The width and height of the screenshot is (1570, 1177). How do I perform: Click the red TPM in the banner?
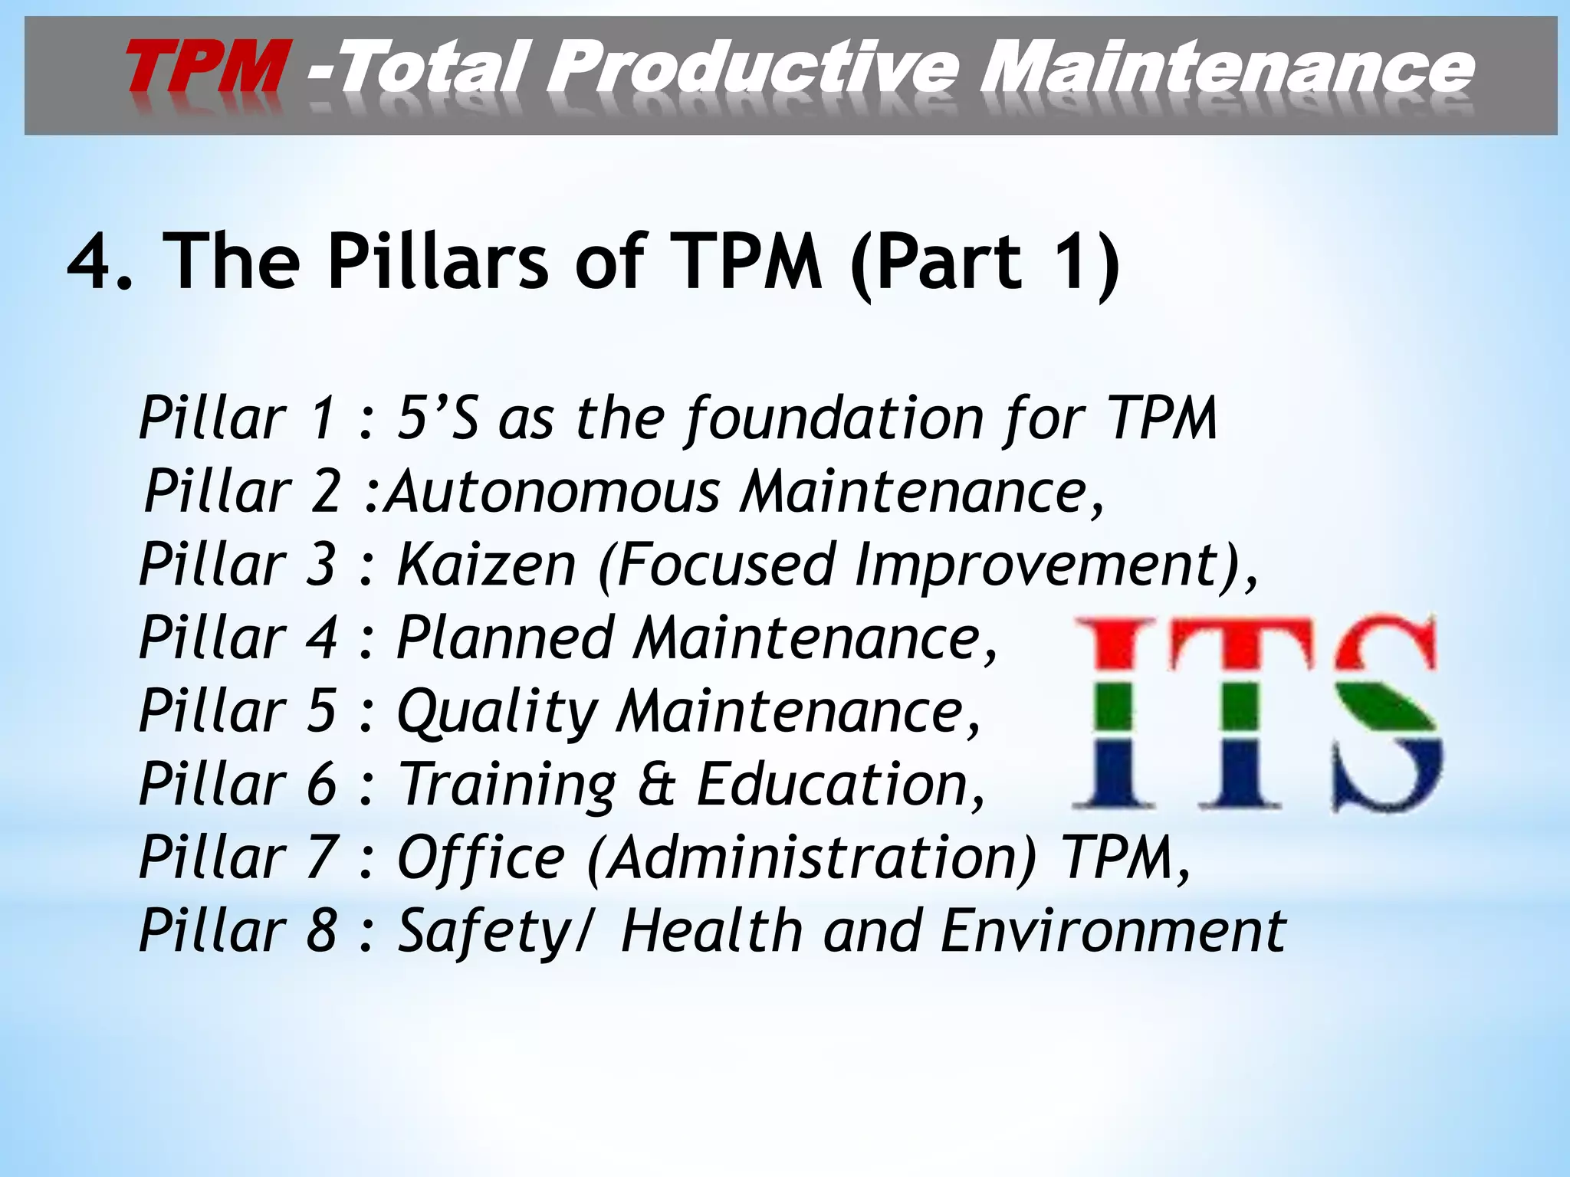tap(205, 67)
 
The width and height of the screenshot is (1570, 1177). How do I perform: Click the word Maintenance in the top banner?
tap(1227, 67)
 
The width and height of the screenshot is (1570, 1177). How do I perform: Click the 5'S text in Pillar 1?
tap(437, 418)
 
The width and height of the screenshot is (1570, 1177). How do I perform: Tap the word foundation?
tap(834, 418)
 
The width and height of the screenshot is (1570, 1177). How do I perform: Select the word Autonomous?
tap(552, 491)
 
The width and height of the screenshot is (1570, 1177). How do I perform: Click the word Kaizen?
tap(486, 565)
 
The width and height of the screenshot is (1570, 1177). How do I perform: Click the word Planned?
tap(505, 638)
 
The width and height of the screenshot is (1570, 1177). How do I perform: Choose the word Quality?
tap(496, 711)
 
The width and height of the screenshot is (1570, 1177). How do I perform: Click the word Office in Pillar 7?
tap(481, 857)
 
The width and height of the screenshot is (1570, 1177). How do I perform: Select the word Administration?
tap(813, 857)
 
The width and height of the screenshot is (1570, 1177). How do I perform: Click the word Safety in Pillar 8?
tap(489, 931)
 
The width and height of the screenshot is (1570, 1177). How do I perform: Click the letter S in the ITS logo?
tap(1384, 713)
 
